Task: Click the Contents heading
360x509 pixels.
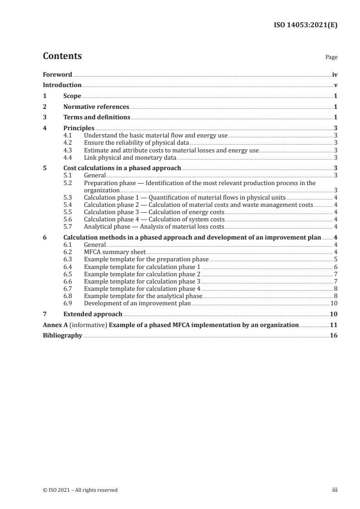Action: pyautogui.click(x=62, y=56)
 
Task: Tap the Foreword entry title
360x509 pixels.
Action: pyautogui.click(x=57, y=74)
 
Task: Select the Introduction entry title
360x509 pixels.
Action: pyautogui.click(x=62, y=85)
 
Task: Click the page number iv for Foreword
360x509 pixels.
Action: pyautogui.click(x=335, y=74)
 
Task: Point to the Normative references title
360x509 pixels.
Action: pyautogui.click(x=96, y=107)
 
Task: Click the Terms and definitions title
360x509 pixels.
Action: pyautogui.click(x=97, y=117)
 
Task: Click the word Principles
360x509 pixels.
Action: pyautogui.click(x=79, y=128)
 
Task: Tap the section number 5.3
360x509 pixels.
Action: pyautogui.click(x=68, y=198)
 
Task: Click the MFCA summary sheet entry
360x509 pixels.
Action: pyautogui.click(x=115, y=252)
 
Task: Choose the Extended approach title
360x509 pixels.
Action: pyautogui.click(x=93, y=314)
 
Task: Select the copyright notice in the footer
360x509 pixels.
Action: pyautogui.click(x=80, y=490)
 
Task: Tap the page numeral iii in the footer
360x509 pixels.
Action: pyautogui.click(x=335, y=490)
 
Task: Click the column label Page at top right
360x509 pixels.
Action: pyautogui.click(x=331, y=58)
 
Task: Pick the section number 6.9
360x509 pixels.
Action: pyautogui.click(x=68, y=303)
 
